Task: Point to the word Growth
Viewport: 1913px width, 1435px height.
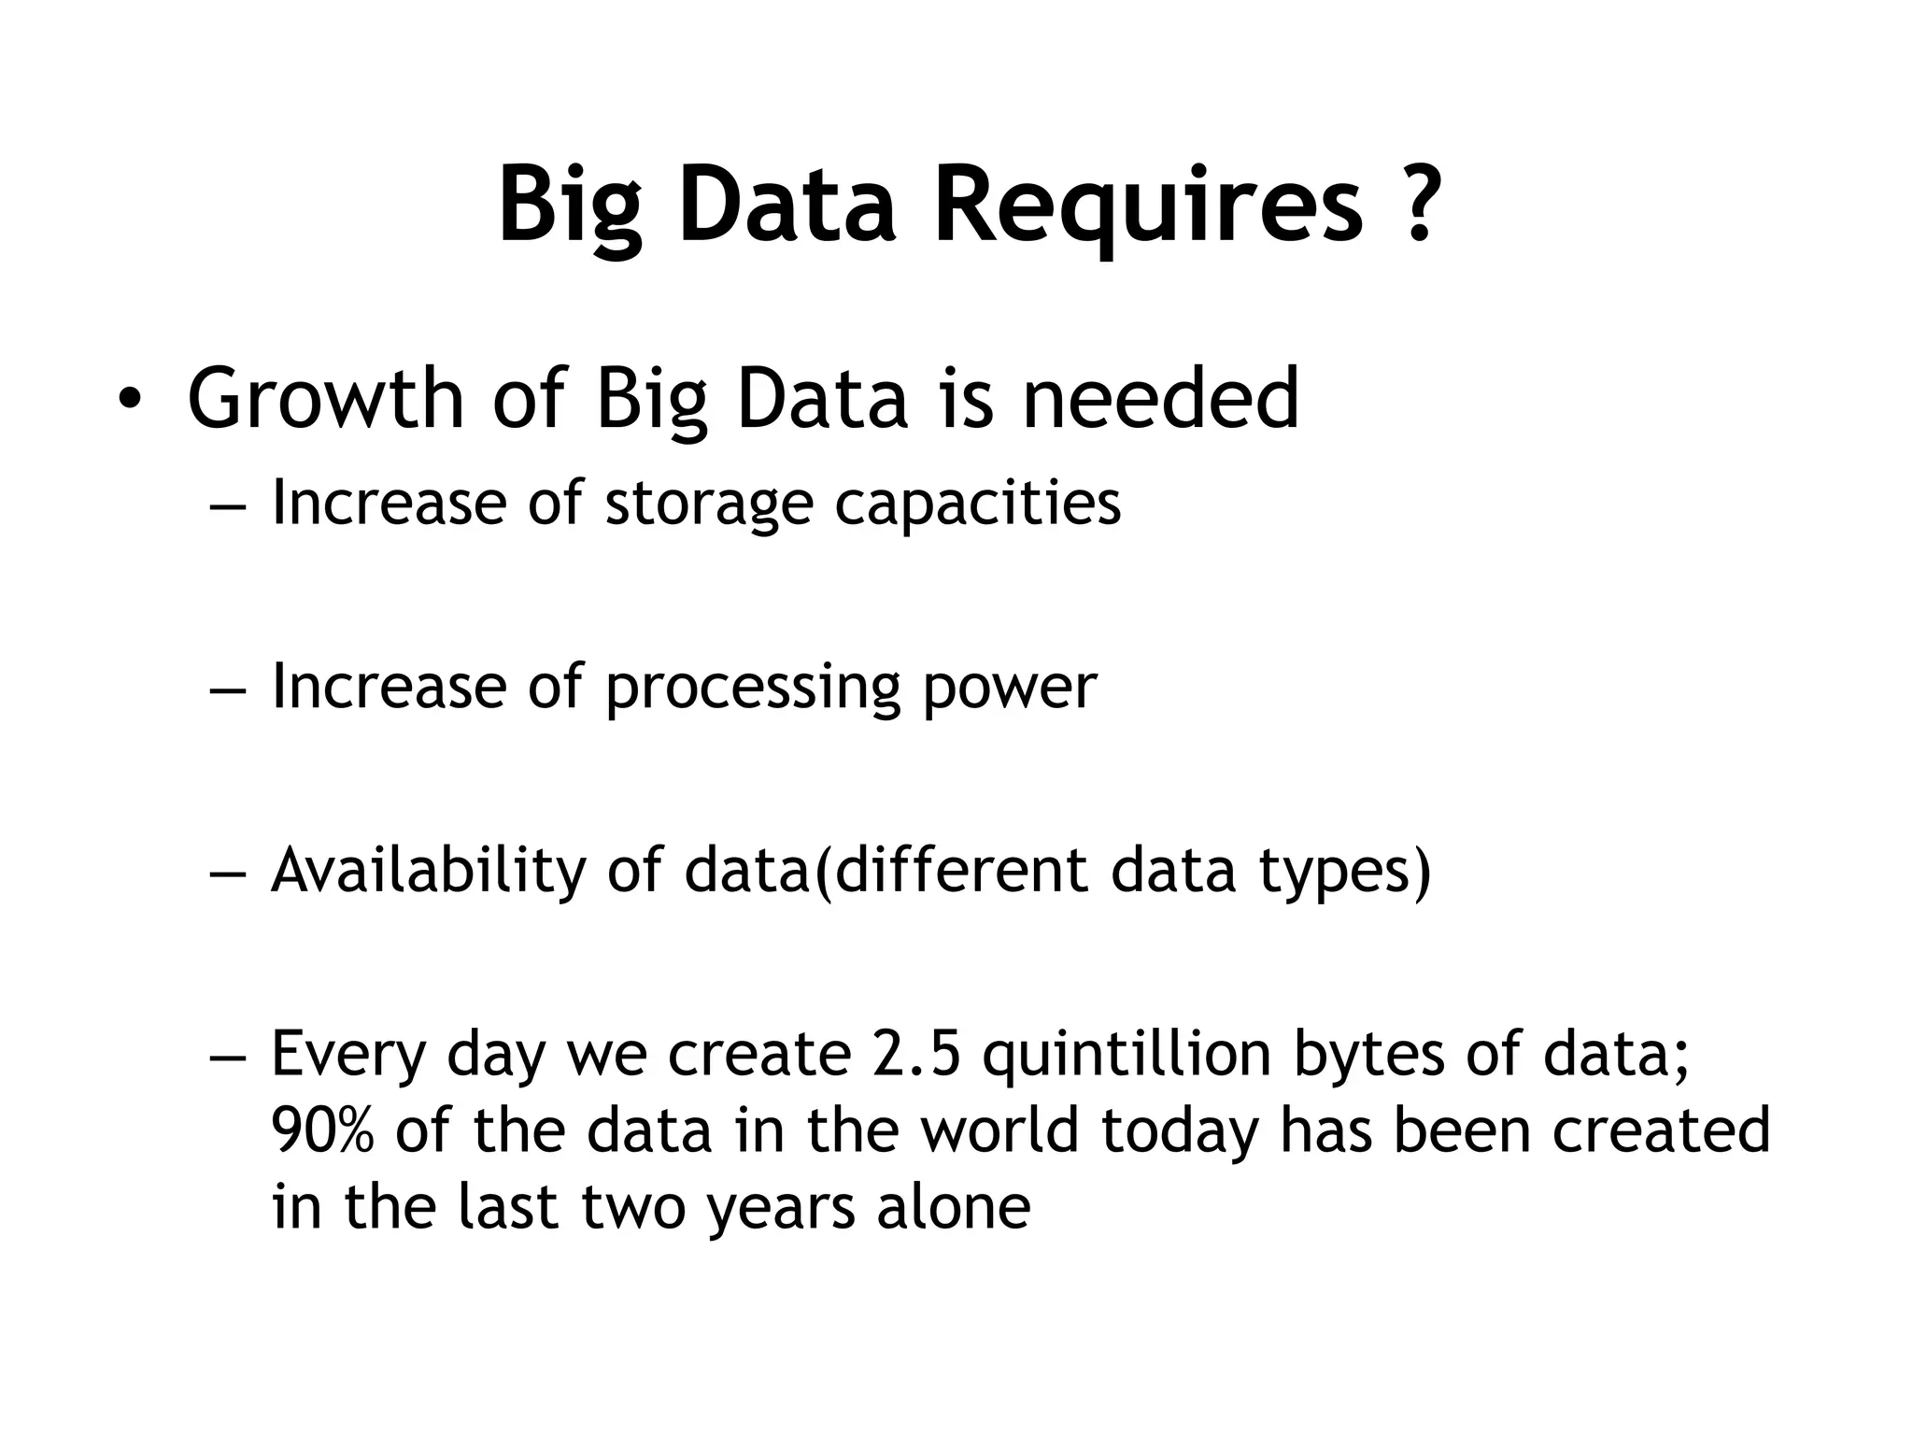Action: click(326, 400)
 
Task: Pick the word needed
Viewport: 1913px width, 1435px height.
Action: click(1160, 400)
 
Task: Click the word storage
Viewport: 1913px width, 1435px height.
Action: click(709, 504)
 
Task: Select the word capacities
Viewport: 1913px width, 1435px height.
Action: click(977, 504)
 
